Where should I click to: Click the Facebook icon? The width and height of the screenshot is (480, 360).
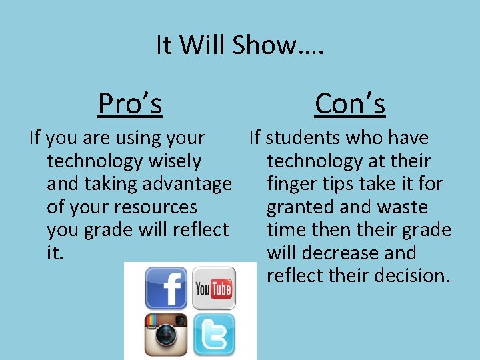[x=167, y=288]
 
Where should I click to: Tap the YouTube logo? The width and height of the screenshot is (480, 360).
[x=214, y=288]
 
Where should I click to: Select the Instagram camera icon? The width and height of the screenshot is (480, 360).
[x=167, y=335]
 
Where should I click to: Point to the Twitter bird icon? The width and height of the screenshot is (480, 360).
[x=214, y=335]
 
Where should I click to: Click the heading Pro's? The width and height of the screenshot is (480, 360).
[x=130, y=103]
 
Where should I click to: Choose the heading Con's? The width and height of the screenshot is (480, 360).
[x=350, y=103]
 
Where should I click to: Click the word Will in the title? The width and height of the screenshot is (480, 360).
[x=203, y=45]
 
